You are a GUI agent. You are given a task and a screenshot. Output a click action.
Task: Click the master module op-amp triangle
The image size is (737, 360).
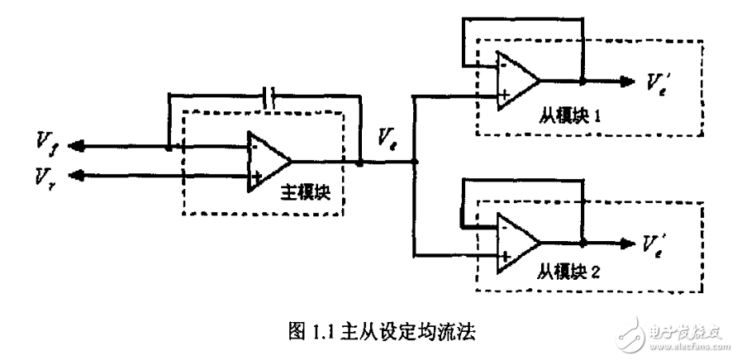267,162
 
